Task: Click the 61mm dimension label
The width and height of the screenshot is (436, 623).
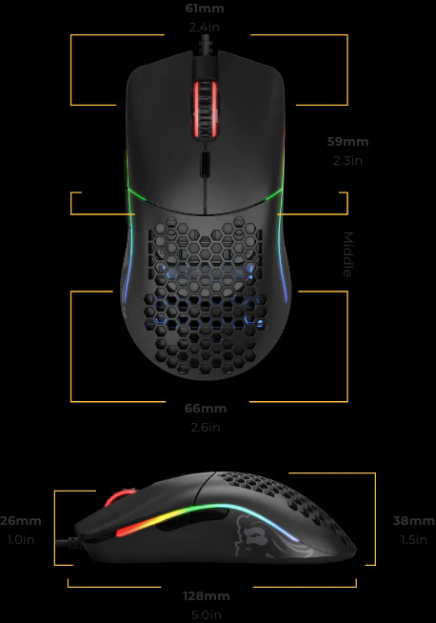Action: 205,9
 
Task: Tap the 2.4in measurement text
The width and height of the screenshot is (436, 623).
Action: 205,28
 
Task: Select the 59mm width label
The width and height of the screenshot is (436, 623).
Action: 347,142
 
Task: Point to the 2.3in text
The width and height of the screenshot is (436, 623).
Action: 347,161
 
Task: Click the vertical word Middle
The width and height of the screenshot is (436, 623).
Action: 347,254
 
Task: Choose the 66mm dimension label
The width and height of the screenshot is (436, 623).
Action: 206,409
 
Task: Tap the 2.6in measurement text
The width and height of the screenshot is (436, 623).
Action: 206,427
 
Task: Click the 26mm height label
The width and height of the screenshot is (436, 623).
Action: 20,521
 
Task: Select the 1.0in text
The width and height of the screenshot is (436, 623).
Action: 21,539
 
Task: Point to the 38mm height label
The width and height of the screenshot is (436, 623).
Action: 414,521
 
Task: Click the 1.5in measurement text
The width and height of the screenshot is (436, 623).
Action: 414,539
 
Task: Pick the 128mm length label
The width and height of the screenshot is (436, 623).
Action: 207,596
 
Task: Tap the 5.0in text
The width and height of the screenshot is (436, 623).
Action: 207,614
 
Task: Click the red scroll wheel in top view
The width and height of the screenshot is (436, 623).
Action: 205,109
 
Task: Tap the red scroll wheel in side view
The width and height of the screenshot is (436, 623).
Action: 119,497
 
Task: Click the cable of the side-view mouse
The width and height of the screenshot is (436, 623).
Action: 69,541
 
